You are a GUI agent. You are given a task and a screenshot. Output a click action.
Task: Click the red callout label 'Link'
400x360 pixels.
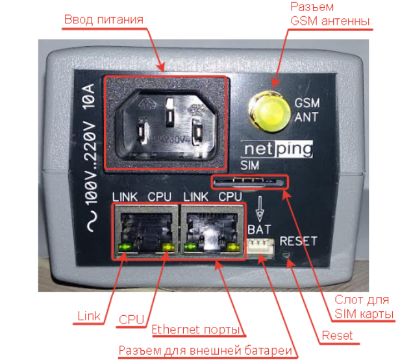click(x=89, y=316)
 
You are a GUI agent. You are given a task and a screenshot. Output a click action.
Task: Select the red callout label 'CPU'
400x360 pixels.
click(x=132, y=320)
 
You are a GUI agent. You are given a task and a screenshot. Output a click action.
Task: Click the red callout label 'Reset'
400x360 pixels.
click(x=337, y=335)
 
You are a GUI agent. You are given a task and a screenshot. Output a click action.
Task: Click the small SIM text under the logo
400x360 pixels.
click(x=249, y=166)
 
